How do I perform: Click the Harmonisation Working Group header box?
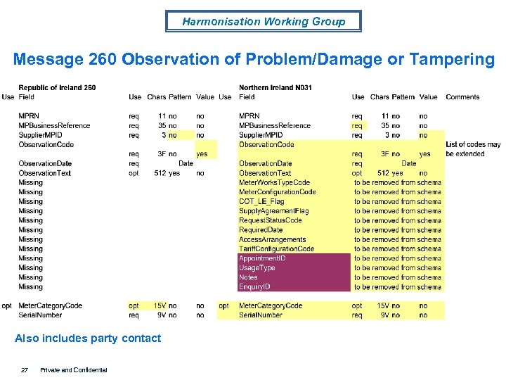pyautogui.click(x=264, y=21)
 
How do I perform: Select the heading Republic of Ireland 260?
pyautogui.click(x=57, y=88)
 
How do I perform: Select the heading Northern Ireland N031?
pyautogui.click(x=275, y=88)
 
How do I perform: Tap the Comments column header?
pyautogui.click(x=462, y=97)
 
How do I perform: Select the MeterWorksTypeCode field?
pyautogui.click(x=274, y=182)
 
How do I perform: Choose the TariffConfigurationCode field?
pyautogui.click(x=276, y=248)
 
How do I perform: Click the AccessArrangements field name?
pyautogui.click(x=272, y=239)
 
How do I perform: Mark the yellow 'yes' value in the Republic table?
pyautogui.click(x=202, y=153)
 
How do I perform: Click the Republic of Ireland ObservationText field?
pyautogui.click(x=44, y=172)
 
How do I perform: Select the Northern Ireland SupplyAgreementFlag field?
pyautogui.click(x=273, y=210)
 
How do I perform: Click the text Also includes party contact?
pyautogui.click(x=88, y=338)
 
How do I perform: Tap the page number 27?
pyautogui.click(x=25, y=369)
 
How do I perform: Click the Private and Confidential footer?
pyautogui.click(x=74, y=369)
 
